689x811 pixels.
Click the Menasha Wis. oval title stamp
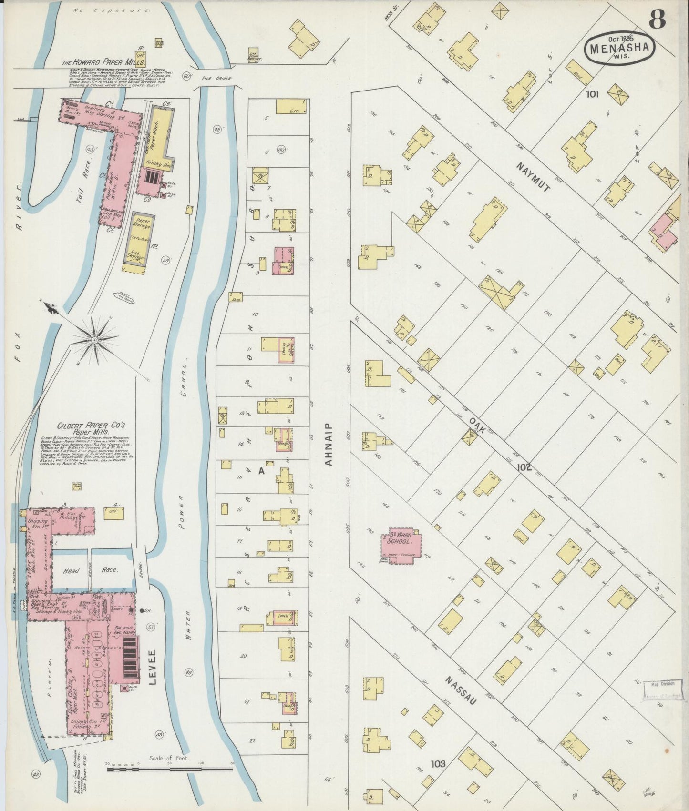(x=620, y=47)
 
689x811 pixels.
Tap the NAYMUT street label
(x=534, y=177)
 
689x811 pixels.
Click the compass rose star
(x=94, y=339)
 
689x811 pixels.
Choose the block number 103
(x=438, y=764)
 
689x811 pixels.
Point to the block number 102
(x=524, y=467)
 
